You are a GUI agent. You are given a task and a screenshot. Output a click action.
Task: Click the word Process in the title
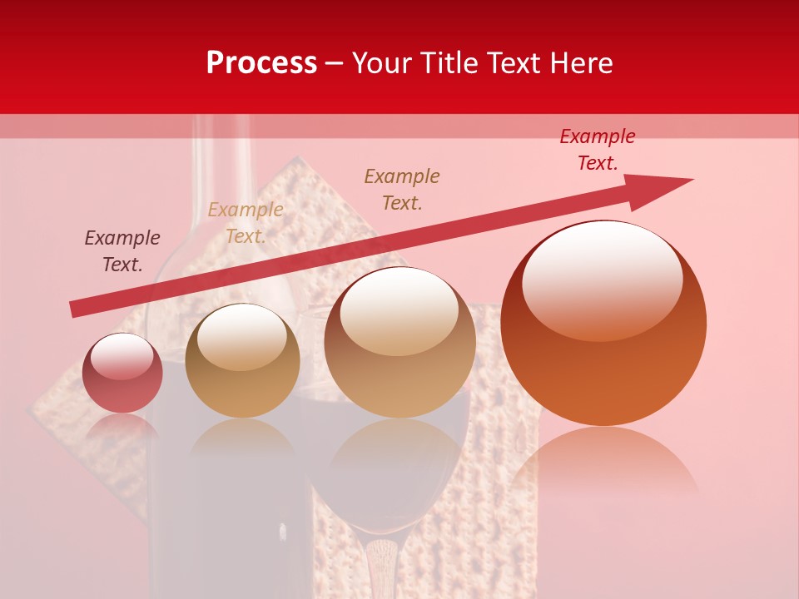(261, 63)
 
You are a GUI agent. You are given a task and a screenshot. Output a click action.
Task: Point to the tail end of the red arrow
(75, 309)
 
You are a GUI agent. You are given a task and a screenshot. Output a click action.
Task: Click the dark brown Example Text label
(122, 251)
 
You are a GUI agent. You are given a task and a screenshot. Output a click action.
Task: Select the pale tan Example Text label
(246, 223)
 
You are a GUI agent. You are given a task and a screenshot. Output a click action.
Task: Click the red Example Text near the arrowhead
(598, 150)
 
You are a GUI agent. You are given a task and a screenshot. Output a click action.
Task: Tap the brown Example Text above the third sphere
(402, 189)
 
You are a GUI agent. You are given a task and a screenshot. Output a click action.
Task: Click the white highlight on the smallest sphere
(122, 356)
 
